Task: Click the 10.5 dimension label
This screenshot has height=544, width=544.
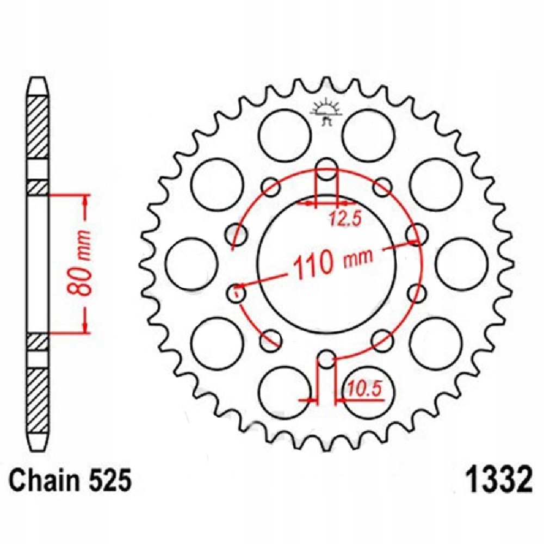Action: coord(365,390)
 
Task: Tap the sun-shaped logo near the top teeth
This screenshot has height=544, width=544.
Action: coord(326,110)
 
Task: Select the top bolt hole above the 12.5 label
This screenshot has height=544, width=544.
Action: coord(326,169)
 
